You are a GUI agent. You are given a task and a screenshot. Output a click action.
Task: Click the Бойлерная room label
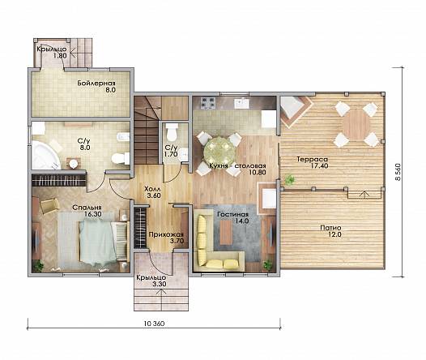coord(96,83)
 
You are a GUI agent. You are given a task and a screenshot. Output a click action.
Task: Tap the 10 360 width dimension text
coord(154,324)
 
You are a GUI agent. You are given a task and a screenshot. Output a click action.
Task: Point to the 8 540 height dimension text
coord(398,172)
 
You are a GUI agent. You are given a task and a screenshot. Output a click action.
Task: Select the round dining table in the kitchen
coord(219,151)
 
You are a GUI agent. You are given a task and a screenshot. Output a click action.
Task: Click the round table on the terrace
coord(356,125)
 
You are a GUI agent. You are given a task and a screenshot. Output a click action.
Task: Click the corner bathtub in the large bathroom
coord(45,155)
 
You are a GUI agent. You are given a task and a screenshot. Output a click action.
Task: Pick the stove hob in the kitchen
coord(208,103)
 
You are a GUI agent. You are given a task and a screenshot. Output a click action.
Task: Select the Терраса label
coord(312,159)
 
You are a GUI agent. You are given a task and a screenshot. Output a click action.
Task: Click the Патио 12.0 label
coord(330,231)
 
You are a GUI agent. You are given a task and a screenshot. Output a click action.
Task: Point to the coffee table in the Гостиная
coord(226,232)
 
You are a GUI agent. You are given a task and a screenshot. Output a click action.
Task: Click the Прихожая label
coord(166,234)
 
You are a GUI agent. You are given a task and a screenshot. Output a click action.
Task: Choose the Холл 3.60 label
coord(152,192)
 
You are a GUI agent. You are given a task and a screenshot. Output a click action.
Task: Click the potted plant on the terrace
coord(290,179)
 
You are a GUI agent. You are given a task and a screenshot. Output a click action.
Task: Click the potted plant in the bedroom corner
coord(38,265)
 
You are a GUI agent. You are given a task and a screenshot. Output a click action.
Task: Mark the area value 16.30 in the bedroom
coord(93,214)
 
